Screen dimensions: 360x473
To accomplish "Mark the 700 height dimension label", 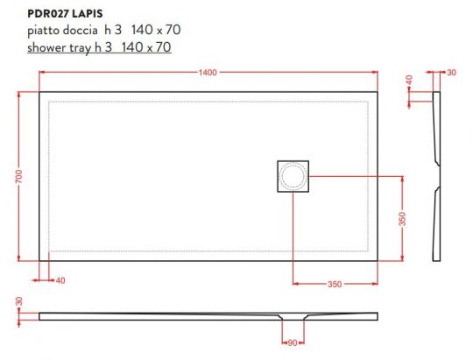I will click(x=18, y=175).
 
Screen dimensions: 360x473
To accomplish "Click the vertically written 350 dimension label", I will click(x=403, y=218).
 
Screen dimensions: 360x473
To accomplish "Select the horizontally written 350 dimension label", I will click(x=335, y=283).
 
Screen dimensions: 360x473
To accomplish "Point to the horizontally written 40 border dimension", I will click(x=60, y=281).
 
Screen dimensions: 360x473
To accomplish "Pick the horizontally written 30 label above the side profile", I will click(x=452, y=72).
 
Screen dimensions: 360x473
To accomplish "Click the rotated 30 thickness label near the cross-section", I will click(x=18, y=302).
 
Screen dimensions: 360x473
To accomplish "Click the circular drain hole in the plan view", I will click(x=293, y=177).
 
